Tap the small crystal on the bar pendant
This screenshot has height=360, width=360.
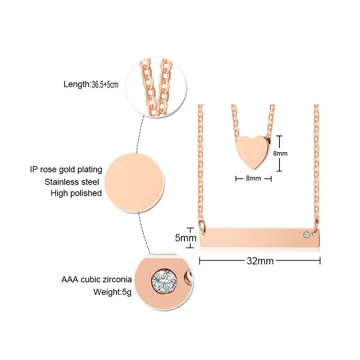click(306, 234)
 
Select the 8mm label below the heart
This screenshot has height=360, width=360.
click(254, 178)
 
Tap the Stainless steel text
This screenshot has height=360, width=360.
click(73, 181)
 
